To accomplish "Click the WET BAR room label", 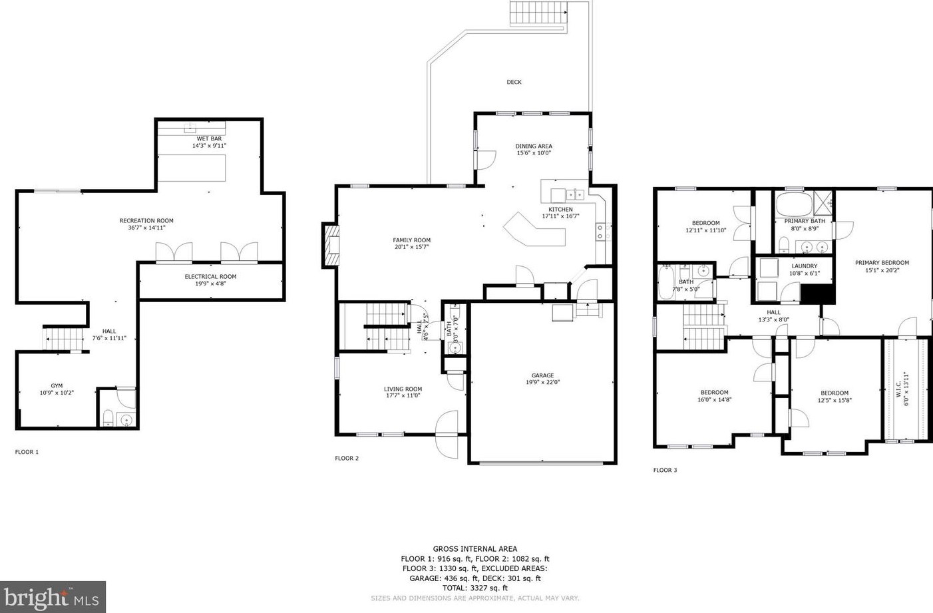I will click(x=209, y=138).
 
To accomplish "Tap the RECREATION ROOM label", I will click(x=146, y=220).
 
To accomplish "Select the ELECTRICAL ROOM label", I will click(x=210, y=276).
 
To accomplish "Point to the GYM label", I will click(x=57, y=385).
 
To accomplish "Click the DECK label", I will click(x=514, y=82).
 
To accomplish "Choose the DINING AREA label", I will click(x=534, y=146).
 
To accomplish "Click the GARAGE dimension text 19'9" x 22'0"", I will click(x=542, y=382).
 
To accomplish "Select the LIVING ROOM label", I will click(x=403, y=389).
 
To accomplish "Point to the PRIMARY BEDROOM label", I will click(x=882, y=262).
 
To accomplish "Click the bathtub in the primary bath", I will click(x=794, y=204).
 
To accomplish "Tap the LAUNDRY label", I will click(x=804, y=266).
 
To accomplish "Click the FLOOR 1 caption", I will click(x=27, y=452).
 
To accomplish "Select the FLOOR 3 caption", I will click(x=665, y=470).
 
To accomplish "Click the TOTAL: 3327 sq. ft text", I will click(x=474, y=588).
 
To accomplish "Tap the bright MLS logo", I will click(x=53, y=597).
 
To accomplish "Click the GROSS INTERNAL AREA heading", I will click(x=474, y=549).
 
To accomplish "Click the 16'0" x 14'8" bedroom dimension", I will click(x=714, y=400).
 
